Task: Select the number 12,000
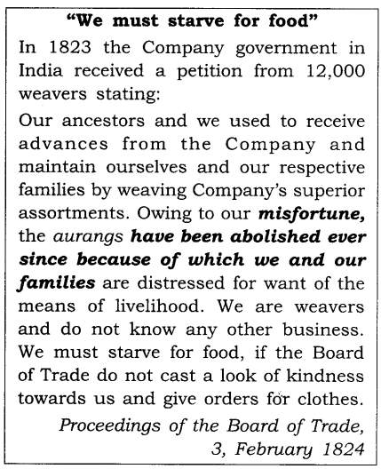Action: pyautogui.click(x=323, y=70)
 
